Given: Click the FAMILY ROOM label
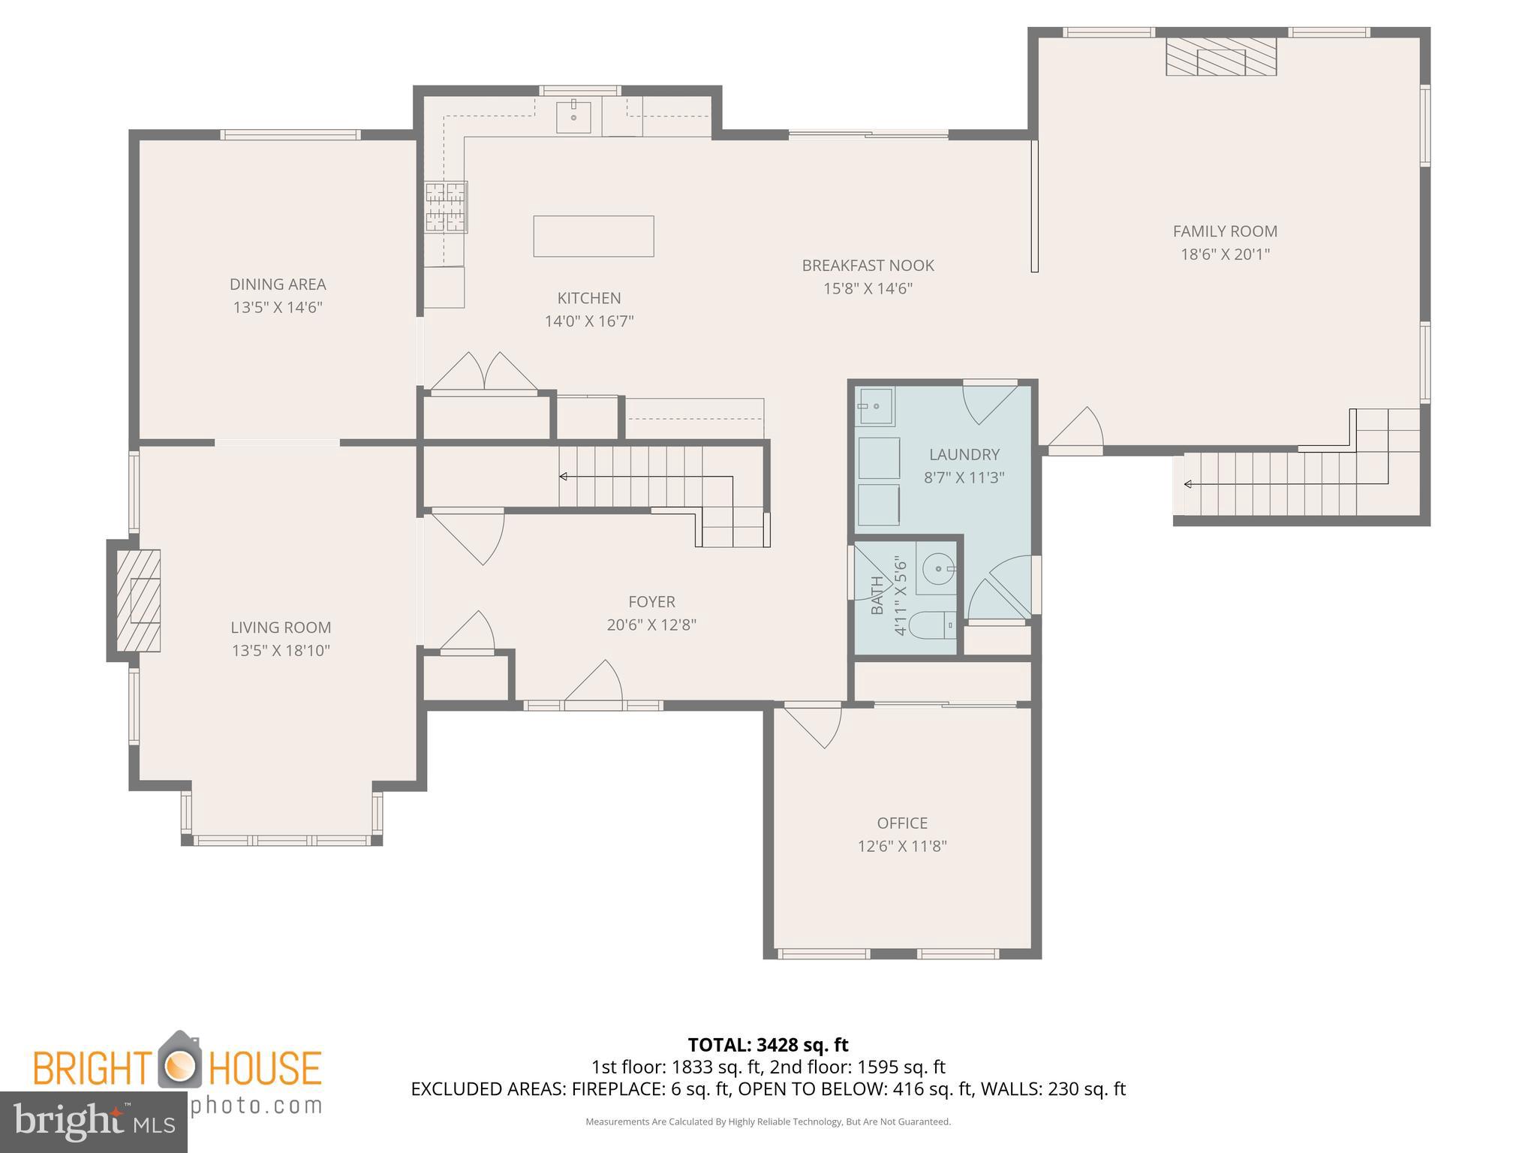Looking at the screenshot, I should point(1225,231).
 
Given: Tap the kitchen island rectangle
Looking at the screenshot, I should point(593,236).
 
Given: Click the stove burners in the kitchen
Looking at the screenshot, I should point(446,206).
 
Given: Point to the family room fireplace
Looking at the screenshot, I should point(1220,57).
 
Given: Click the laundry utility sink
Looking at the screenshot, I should point(875,406).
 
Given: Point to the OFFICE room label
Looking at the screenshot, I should point(902,823).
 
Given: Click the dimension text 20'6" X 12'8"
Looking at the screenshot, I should point(651,625).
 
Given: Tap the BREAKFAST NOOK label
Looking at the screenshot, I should point(868,265).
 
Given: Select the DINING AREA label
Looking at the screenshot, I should point(278,284).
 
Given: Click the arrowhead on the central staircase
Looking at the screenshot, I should point(563,477).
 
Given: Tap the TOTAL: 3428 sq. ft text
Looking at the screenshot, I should point(768,1044).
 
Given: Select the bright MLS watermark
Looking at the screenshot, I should point(94,1121).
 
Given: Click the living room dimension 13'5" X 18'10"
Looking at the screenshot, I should point(281,650).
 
